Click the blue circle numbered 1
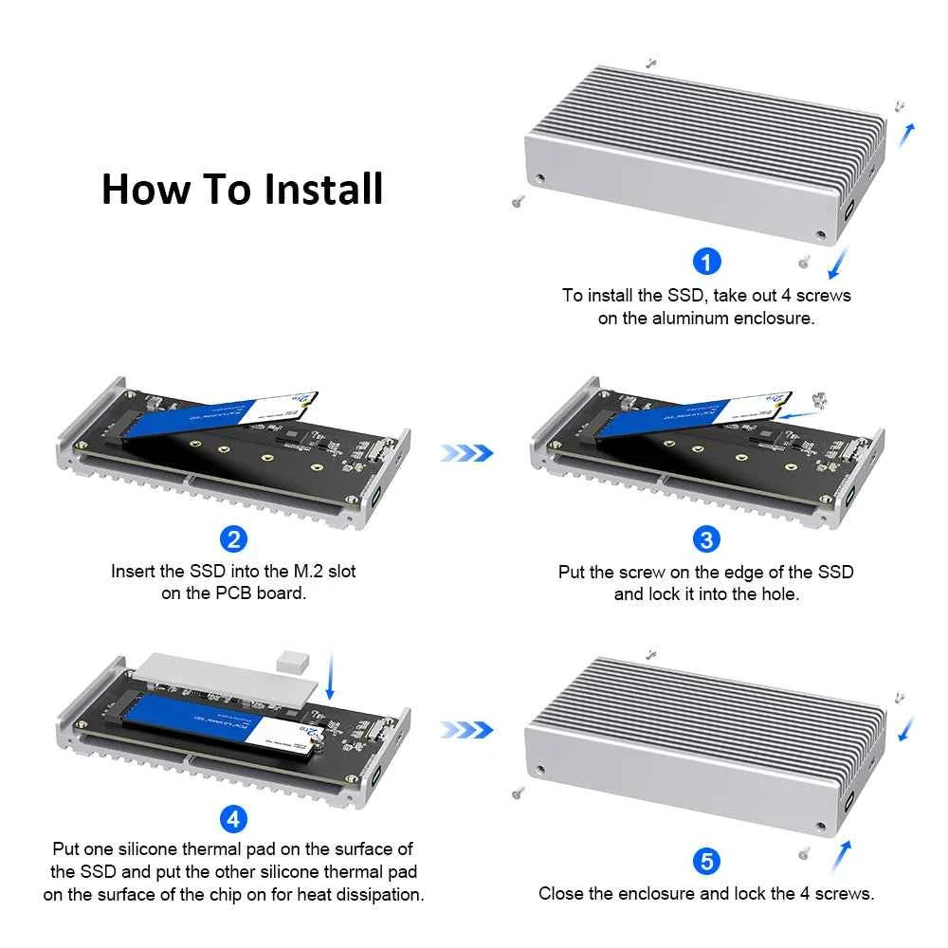coord(707,261)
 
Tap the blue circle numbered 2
coord(233,539)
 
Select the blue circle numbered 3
coord(706,539)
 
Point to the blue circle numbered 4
coord(233,816)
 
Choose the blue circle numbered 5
coord(706,862)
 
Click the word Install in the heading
coord(323,189)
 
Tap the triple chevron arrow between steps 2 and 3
coord(466,453)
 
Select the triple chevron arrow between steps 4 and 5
coord(466,730)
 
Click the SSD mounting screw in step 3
coord(821,402)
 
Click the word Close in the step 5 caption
coord(561,893)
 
